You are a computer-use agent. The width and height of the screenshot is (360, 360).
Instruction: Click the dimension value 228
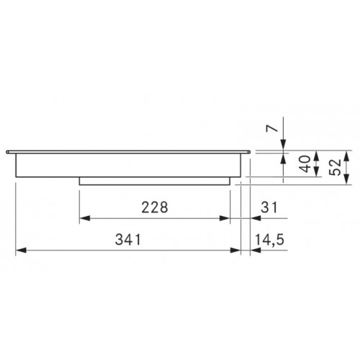point(155,207)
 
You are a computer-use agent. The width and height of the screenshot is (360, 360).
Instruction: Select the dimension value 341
point(128,240)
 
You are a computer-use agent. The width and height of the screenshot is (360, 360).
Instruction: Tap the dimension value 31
point(269,207)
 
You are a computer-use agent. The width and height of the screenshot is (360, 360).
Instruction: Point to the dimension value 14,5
point(269,240)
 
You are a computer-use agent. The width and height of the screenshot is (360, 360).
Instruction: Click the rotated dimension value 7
point(272,129)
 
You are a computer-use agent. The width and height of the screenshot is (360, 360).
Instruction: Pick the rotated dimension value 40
point(305,164)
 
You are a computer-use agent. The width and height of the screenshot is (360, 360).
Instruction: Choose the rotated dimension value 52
point(336,167)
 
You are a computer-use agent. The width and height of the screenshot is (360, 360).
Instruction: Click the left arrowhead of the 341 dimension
point(21,251)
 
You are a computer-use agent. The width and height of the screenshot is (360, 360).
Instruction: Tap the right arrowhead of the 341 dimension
point(235,251)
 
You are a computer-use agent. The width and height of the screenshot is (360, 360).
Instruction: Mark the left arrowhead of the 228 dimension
point(84,218)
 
